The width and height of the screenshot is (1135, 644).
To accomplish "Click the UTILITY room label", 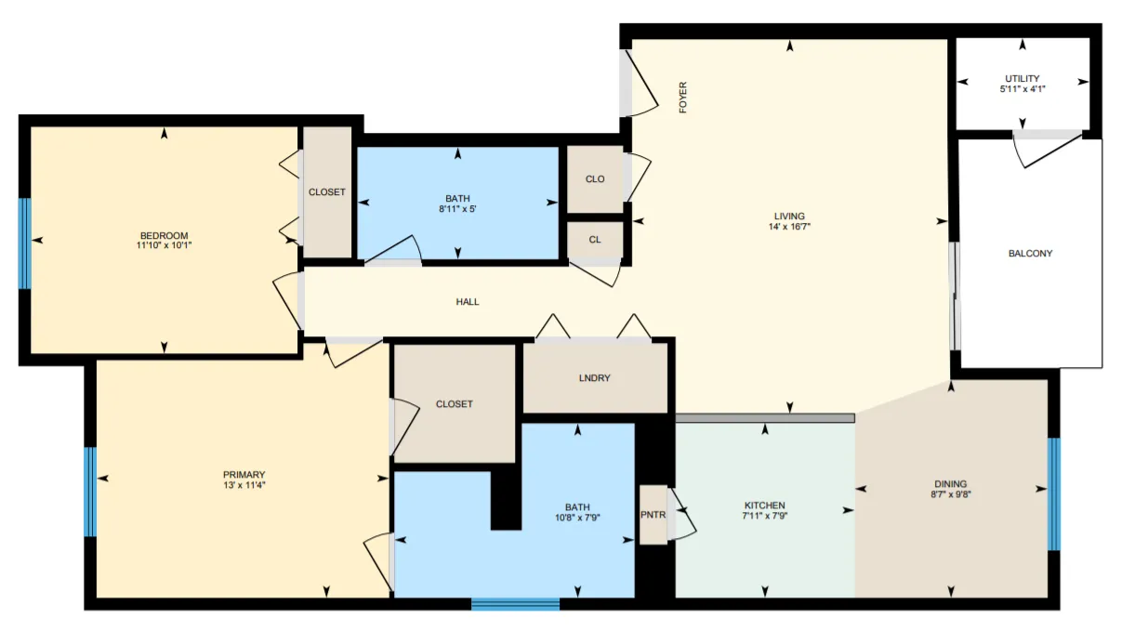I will pyautogui.click(x=1022, y=78).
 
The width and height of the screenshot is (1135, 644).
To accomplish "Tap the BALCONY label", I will pyautogui.click(x=1030, y=253).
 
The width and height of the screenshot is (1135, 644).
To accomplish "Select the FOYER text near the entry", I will pyautogui.click(x=683, y=98).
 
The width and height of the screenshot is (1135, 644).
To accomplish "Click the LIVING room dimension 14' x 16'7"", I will pyautogui.click(x=790, y=227).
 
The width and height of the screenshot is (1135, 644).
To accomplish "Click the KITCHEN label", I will pyautogui.click(x=764, y=506).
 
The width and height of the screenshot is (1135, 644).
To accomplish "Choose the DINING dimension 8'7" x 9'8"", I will pyautogui.click(x=950, y=495).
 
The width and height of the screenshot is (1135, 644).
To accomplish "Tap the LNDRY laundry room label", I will pyautogui.click(x=594, y=378).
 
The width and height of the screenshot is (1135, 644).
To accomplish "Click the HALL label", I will pyautogui.click(x=468, y=302).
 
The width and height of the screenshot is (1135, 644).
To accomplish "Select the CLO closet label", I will pyautogui.click(x=595, y=179).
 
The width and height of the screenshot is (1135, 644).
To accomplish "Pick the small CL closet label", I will pyautogui.click(x=594, y=240).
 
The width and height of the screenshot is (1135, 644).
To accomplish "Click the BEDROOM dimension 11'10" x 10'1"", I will pyautogui.click(x=165, y=245).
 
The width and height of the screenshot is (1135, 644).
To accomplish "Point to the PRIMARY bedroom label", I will pyautogui.click(x=244, y=475).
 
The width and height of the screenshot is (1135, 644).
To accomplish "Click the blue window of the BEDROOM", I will pyautogui.click(x=25, y=243).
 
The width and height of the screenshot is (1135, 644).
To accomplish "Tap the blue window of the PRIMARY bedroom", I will pyautogui.click(x=90, y=493).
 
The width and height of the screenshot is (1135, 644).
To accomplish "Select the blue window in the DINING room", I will pyautogui.click(x=1054, y=493).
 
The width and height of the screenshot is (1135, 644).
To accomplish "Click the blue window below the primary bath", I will pyautogui.click(x=515, y=605).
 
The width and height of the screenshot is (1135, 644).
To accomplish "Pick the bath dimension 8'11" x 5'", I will pyautogui.click(x=457, y=209).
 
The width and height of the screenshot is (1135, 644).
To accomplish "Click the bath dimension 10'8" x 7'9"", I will pyautogui.click(x=577, y=518).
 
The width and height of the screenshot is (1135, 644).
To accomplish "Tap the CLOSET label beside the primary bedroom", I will pyautogui.click(x=454, y=404).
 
